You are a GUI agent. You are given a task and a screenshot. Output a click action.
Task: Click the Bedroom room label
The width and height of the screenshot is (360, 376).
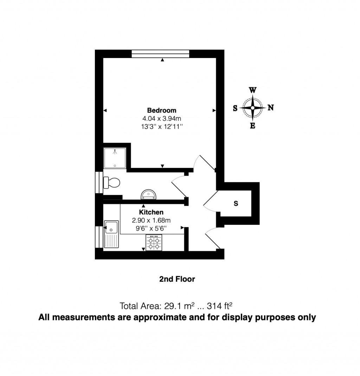[162, 110]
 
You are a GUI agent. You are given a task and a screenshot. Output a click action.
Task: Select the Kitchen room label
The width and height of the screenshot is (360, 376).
[151, 212]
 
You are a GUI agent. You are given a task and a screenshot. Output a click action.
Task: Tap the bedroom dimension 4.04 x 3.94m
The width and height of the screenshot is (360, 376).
[162, 118]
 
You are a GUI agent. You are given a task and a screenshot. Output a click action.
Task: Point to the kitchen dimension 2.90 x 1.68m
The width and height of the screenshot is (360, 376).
[151, 220]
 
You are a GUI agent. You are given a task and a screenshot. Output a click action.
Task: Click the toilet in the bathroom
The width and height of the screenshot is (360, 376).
[112, 182]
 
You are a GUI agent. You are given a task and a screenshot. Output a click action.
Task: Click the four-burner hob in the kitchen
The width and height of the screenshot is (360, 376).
[154, 242]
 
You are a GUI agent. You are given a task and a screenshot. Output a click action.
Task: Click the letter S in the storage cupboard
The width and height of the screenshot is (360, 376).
[236, 203]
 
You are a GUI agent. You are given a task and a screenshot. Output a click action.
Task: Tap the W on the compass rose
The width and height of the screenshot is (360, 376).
[252, 90]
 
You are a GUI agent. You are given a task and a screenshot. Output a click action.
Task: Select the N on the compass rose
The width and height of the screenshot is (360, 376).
[271, 108]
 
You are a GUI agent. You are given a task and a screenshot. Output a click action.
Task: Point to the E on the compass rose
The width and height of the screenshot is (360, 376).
[252, 126]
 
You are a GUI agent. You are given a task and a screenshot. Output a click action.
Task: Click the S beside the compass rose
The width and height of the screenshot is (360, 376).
[235, 108]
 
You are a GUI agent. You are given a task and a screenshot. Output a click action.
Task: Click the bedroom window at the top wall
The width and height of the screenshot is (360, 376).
[161, 54]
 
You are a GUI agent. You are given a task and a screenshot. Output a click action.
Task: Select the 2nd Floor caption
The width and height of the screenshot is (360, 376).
[177, 279]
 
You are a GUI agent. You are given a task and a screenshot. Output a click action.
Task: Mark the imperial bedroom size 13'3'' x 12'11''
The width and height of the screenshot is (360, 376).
[162, 127]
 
